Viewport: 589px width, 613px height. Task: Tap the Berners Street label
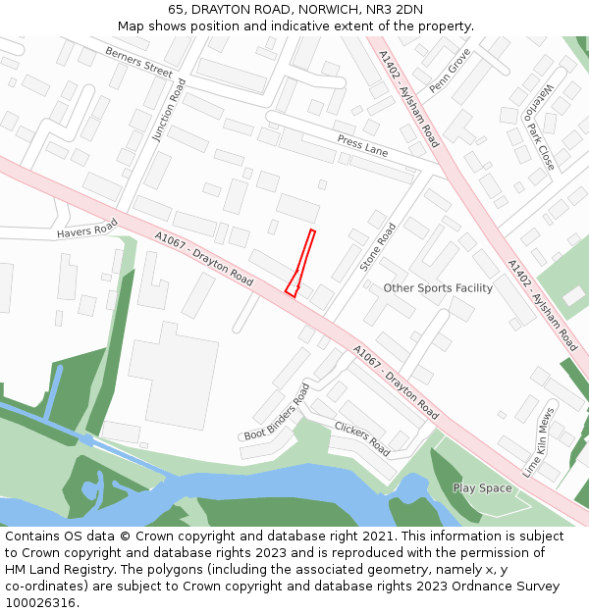[138, 62]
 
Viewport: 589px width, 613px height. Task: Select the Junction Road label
[168, 111]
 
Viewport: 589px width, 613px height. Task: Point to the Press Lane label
[362, 146]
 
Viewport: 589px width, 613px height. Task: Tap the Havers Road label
[86, 228]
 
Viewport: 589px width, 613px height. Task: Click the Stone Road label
[378, 247]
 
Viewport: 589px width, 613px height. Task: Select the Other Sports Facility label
[438, 287]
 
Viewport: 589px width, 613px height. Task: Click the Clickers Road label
[362, 438]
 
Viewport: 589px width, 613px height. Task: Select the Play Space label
[482, 487]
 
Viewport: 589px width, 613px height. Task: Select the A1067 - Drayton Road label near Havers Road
[203, 258]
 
